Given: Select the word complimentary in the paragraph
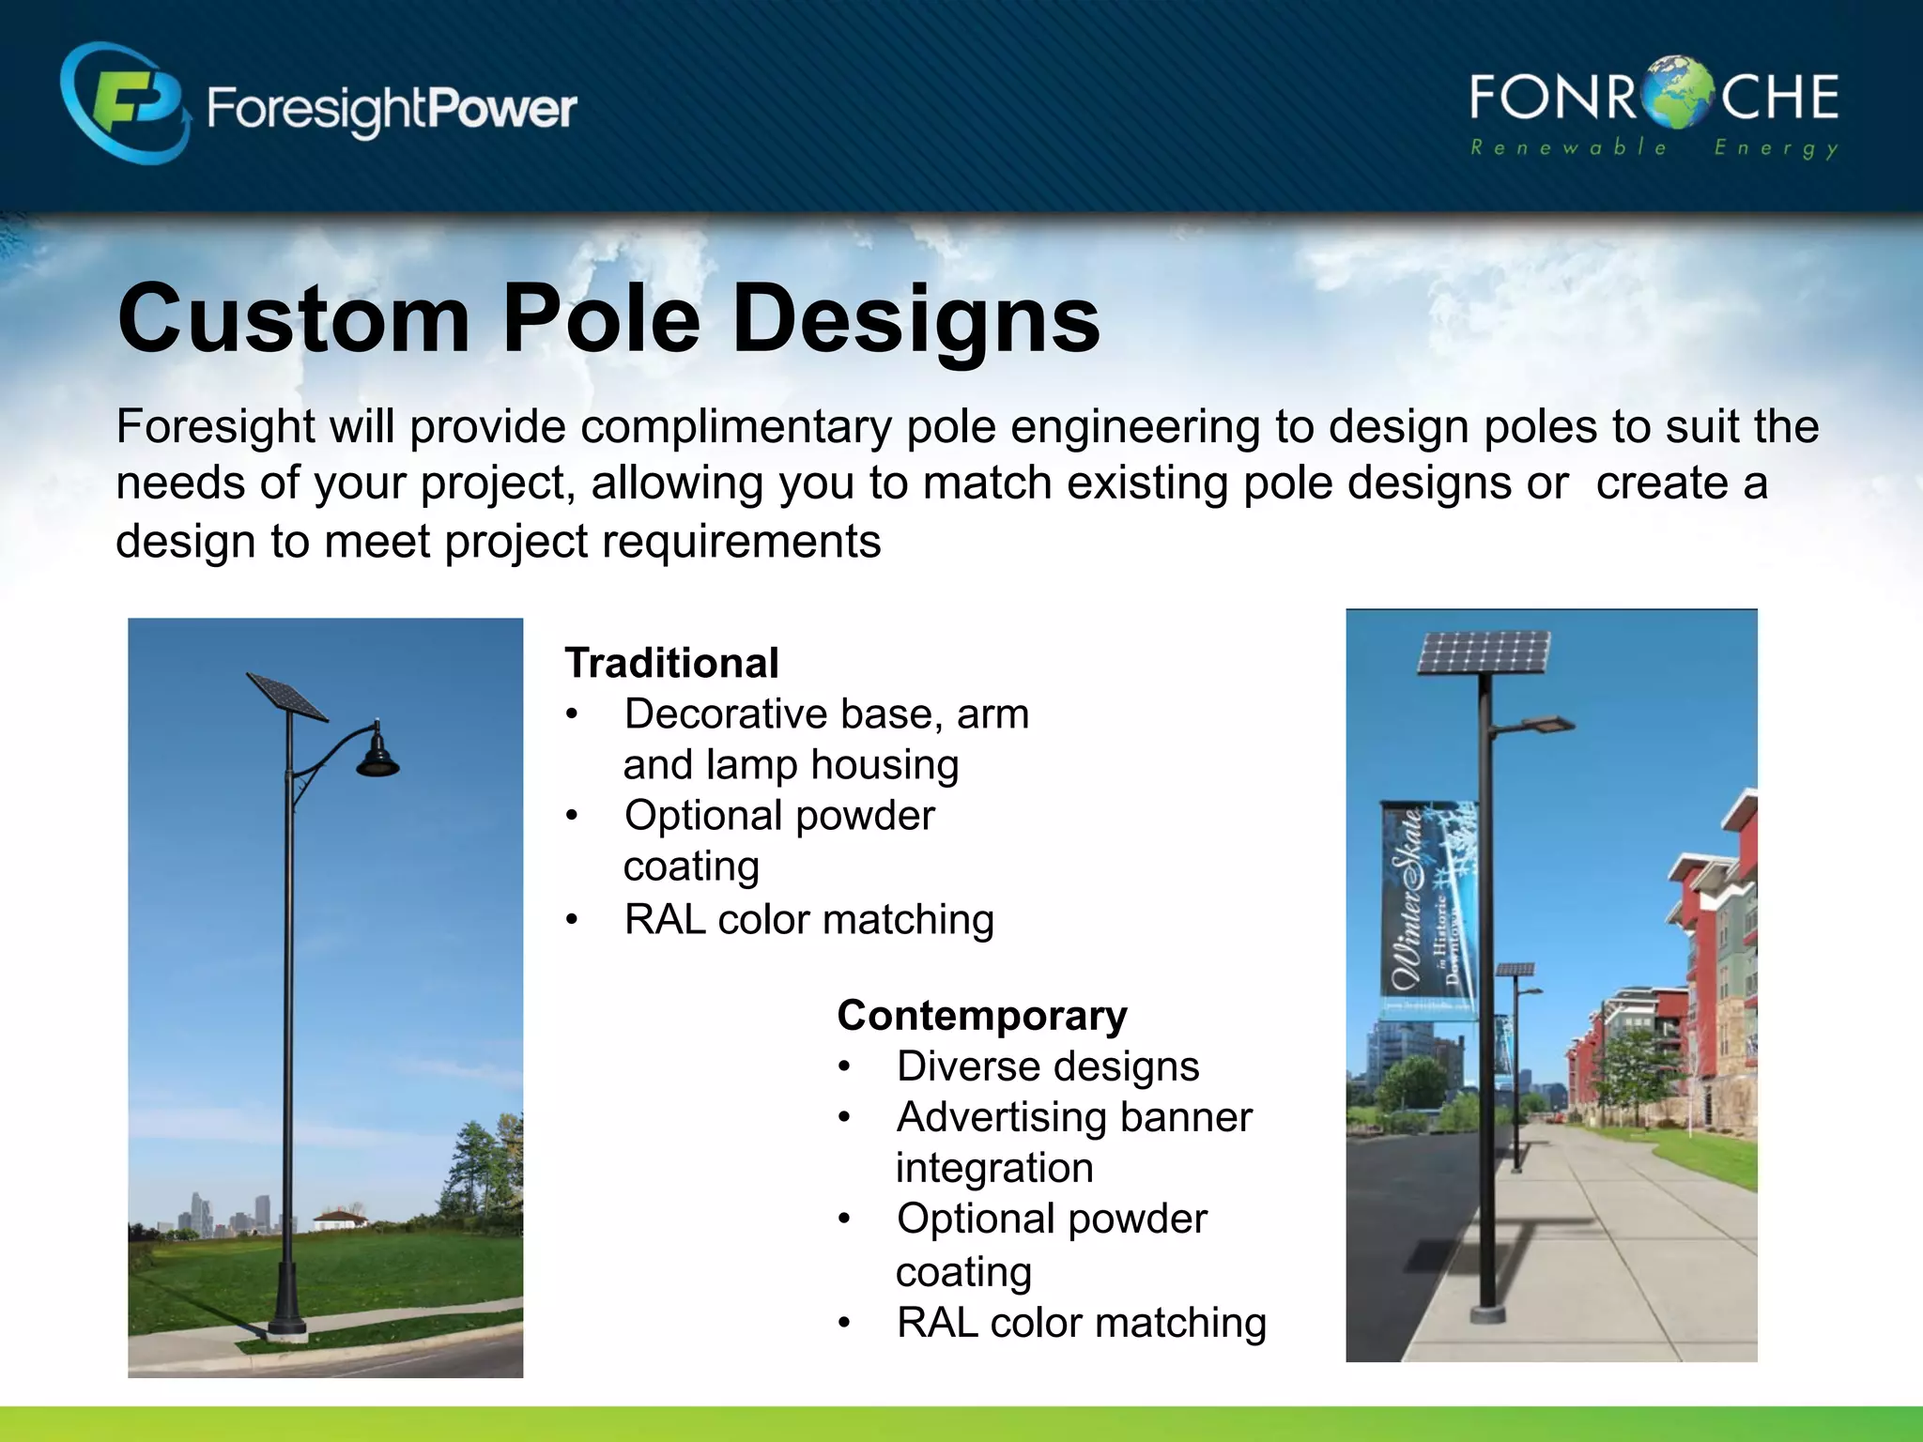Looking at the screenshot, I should point(735,427).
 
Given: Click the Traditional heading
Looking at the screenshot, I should point(671,663).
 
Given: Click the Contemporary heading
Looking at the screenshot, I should point(982,1016).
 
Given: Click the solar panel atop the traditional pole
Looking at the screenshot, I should point(286,696).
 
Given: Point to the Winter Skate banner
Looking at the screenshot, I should point(1427,909).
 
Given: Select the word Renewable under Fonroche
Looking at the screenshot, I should point(1567,147).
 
